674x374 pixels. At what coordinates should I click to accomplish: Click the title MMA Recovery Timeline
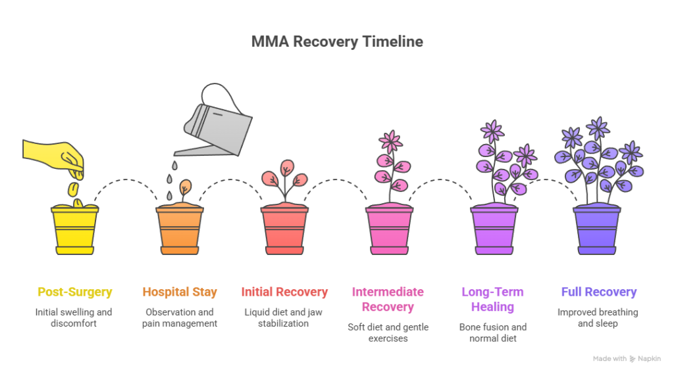pos(336,42)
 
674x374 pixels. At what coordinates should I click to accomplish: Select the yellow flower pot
pos(74,230)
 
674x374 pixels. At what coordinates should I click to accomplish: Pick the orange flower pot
pos(180,230)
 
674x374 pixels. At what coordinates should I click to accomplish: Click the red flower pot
pos(284,230)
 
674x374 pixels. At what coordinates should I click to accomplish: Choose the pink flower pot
pos(389,230)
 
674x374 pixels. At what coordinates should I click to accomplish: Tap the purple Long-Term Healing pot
pos(493,230)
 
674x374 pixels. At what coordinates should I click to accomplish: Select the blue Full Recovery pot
pos(596,230)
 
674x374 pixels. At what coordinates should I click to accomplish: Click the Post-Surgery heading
pos(74,292)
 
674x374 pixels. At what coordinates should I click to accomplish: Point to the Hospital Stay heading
pos(180,292)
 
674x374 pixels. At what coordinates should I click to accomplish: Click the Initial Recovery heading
pos(284,292)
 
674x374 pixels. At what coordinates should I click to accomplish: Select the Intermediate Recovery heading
pos(388,299)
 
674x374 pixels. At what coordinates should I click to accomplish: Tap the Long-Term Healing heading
pos(493,299)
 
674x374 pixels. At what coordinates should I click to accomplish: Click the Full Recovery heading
pos(598,292)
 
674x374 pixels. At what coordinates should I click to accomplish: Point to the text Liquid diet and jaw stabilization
pos(284,317)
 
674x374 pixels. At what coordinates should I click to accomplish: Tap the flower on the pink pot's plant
pos(390,141)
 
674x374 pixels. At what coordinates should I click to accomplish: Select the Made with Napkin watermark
pos(627,359)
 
